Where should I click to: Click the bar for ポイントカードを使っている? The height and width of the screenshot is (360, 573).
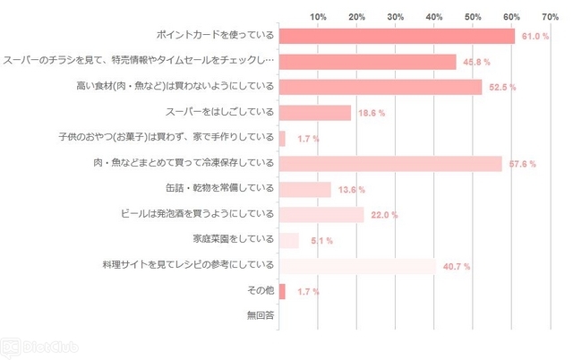pos(397,36)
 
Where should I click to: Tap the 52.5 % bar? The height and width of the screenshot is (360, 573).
pos(381,87)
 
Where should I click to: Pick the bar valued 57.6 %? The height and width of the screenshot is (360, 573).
pos(390,164)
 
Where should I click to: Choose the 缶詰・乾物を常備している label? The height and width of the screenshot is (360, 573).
pos(219,189)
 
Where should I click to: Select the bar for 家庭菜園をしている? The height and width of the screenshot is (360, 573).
pos(289,240)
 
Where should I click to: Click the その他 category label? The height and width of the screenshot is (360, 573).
pos(260,291)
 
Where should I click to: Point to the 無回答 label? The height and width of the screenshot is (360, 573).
pos(260,316)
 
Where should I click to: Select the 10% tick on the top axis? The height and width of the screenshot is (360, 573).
pos(318,16)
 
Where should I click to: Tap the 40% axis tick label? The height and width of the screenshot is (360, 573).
pos(434,16)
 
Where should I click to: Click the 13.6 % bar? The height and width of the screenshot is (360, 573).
pos(305,189)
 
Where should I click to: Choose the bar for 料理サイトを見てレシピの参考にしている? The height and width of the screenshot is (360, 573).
pos(357,266)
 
